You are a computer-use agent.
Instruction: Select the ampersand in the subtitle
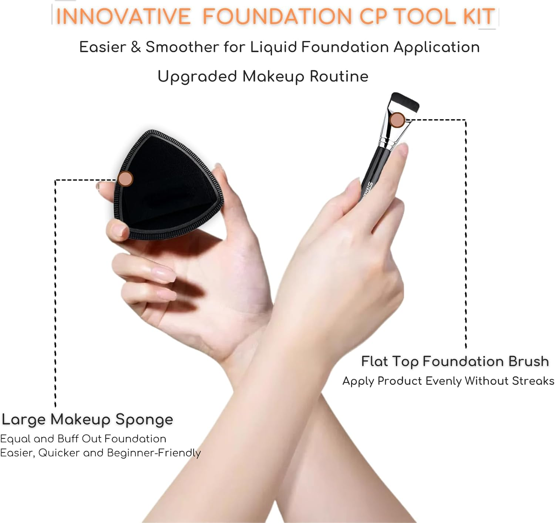coord(136,47)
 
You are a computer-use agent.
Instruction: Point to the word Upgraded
coord(197,76)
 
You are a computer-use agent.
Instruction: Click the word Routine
coord(339,76)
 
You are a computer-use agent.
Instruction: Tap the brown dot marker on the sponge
coord(125,179)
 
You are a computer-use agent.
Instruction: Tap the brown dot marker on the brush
coord(397,120)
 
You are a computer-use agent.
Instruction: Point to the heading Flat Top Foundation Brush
coord(455,361)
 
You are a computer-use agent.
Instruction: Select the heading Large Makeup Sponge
coord(87,419)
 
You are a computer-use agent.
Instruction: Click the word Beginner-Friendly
coord(154,453)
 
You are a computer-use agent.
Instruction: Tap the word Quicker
coord(59,453)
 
